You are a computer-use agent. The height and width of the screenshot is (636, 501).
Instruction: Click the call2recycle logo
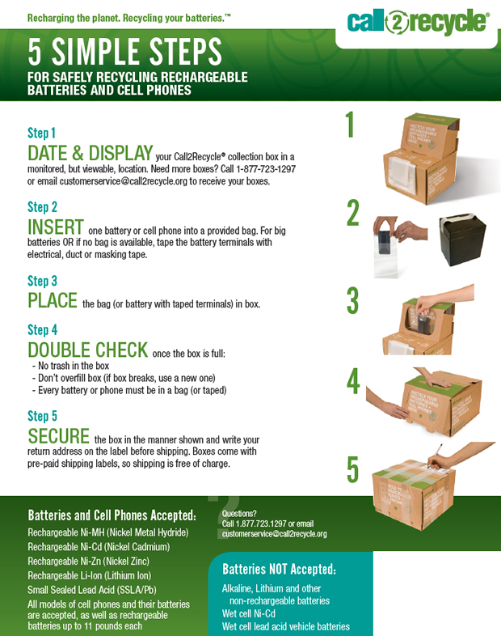[x=418, y=22]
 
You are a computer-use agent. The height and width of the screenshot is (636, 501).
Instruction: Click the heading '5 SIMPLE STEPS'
[x=124, y=52]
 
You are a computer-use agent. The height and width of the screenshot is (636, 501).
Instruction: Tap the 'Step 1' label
[x=41, y=133]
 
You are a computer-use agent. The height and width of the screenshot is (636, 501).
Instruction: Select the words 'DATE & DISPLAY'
[x=91, y=153]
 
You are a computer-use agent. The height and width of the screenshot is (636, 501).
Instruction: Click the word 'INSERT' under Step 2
[x=56, y=227]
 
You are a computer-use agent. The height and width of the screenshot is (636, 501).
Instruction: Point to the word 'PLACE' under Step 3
[x=53, y=300]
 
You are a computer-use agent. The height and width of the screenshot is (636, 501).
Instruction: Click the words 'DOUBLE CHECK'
[x=88, y=350]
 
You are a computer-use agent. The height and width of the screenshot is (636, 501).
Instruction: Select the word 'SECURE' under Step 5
[x=59, y=436]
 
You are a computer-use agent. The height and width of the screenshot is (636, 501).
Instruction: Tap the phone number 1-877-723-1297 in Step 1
[x=266, y=169]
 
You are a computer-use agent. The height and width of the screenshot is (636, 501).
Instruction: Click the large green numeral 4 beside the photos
[x=353, y=381]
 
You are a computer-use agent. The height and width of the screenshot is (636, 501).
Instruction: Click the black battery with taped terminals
[x=463, y=239]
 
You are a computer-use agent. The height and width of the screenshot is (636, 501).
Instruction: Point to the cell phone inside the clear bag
[x=385, y=242]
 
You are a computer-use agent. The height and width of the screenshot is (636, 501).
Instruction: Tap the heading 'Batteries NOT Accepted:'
[x=279, y=569]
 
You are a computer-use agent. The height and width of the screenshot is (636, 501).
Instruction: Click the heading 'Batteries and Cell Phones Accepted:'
[x=112, y=515]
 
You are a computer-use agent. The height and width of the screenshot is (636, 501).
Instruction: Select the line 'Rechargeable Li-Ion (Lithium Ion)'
[x=89, y=575]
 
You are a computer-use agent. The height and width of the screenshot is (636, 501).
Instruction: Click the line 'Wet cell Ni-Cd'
[x=249, y=613]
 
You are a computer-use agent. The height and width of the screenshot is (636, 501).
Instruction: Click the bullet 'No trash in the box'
[x=71, y=366]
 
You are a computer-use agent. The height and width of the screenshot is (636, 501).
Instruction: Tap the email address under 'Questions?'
[x=274, y=534]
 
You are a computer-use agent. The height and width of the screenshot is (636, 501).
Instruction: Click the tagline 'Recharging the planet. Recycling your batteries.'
[x=128, y=18]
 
